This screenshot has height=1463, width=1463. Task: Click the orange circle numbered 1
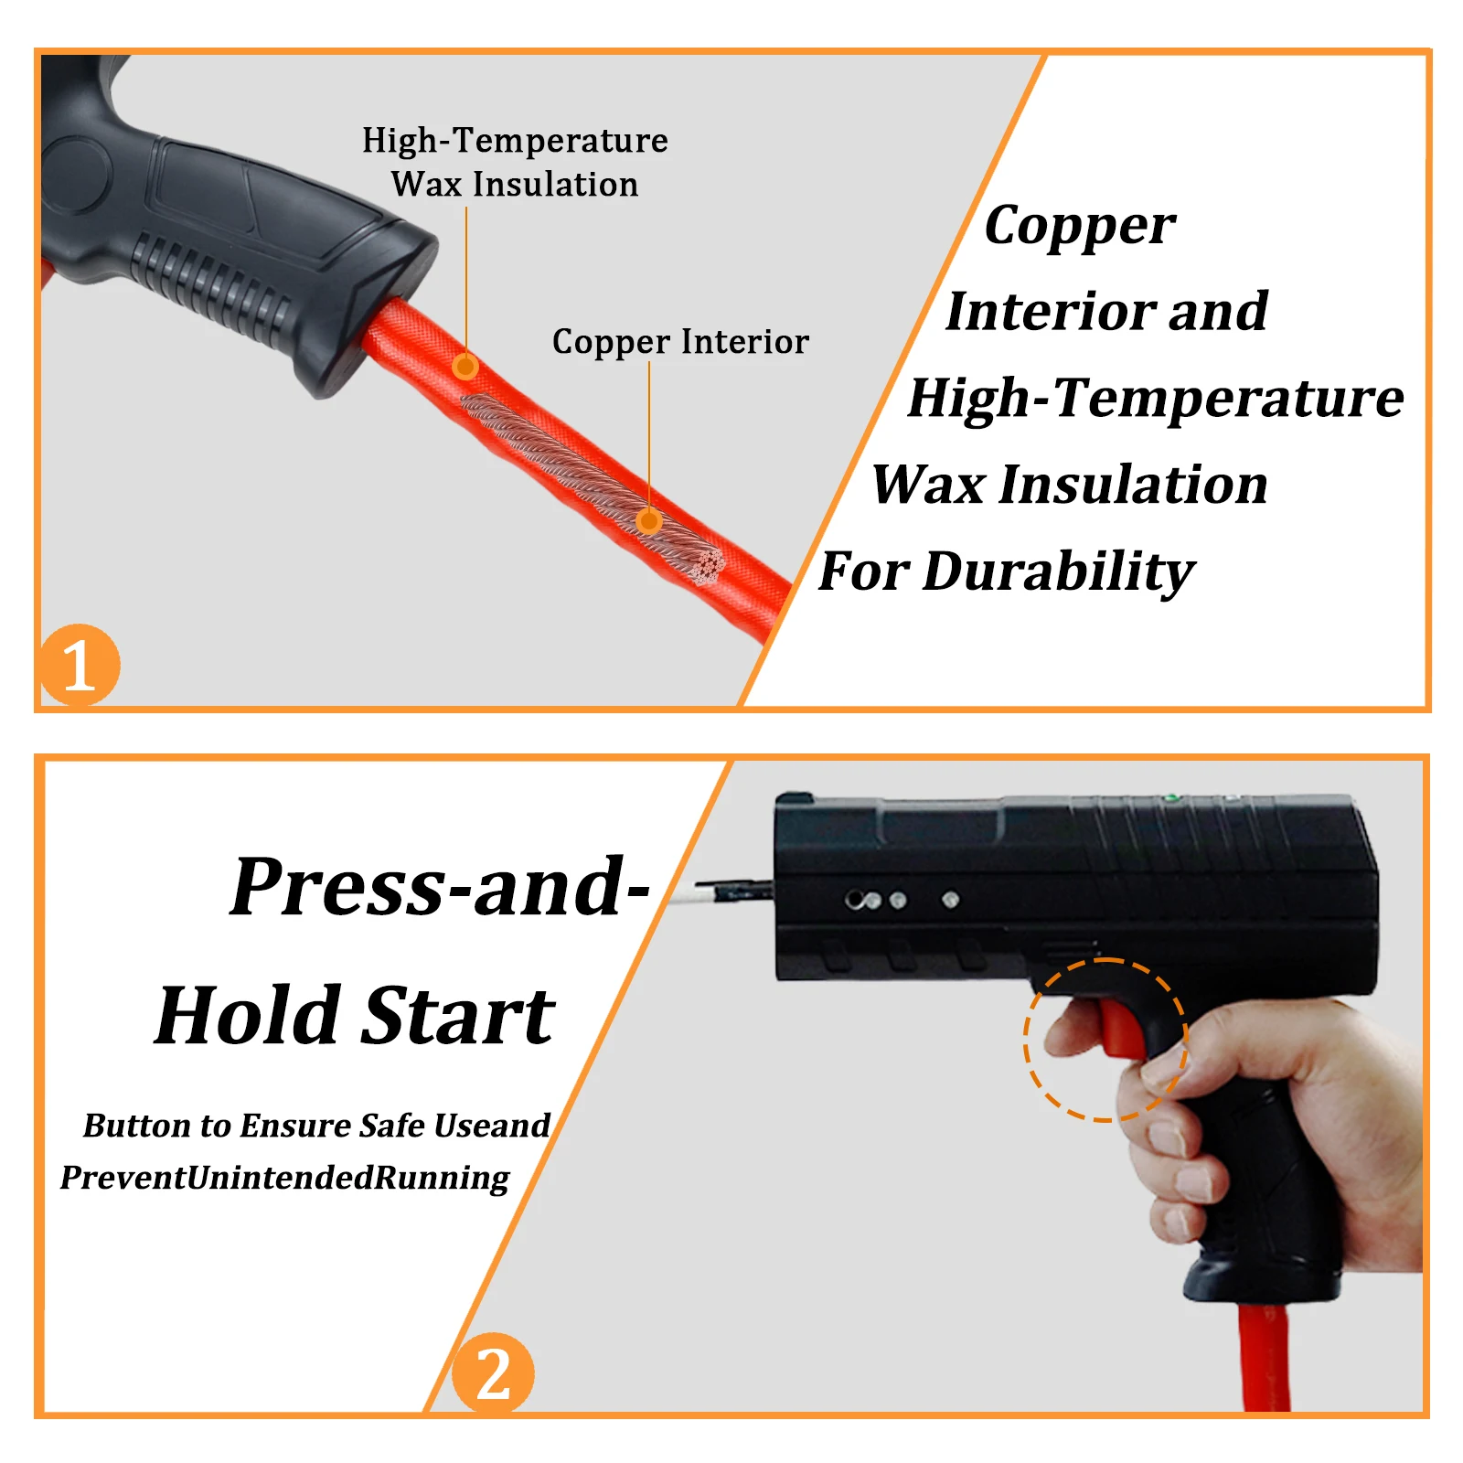79,665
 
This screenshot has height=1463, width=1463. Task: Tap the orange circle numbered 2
494,1373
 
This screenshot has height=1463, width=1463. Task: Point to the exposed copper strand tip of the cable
707,565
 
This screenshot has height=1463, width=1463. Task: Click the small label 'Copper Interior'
680,341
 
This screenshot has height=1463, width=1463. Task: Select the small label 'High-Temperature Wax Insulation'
515,162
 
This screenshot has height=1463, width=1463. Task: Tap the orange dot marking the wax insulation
465,366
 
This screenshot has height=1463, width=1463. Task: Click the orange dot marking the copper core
649,521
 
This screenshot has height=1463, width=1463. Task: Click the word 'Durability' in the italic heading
1059,572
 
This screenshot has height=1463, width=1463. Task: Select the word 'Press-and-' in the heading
440,886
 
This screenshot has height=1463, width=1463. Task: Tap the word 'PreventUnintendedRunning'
284,1178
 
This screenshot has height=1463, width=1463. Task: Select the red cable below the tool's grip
1265,1358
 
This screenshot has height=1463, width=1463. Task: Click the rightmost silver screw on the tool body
951,901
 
